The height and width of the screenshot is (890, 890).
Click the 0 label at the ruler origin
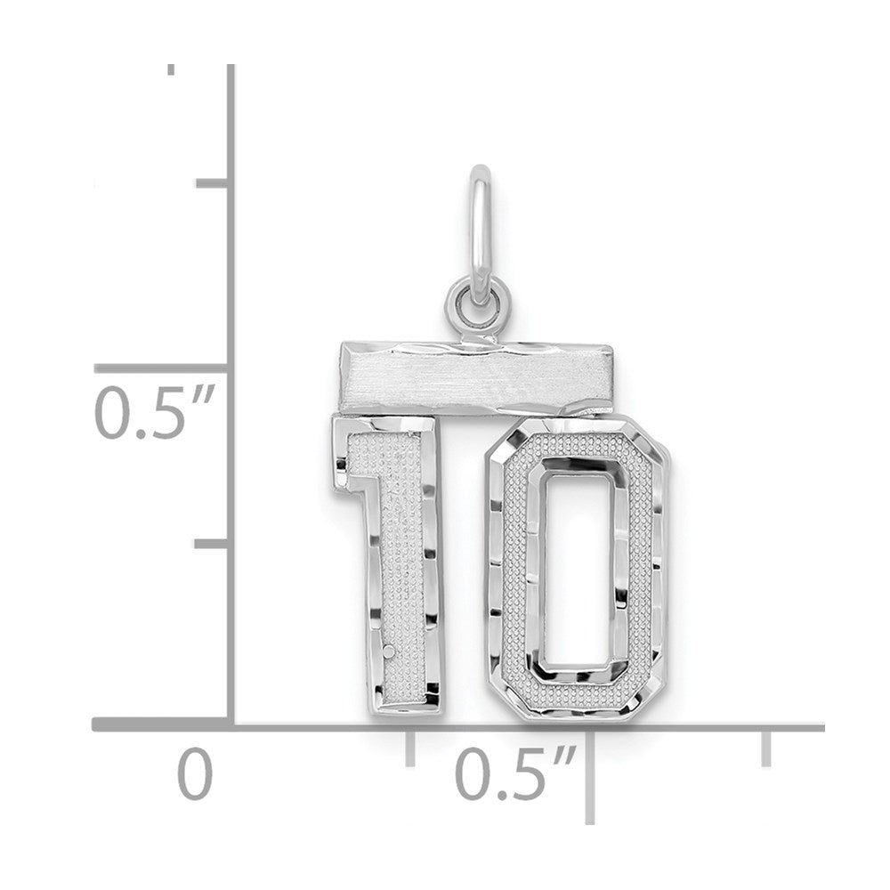click(195, 774)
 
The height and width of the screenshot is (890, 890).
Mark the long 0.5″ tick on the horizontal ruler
click(590, 776)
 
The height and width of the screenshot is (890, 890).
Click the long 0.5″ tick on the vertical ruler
click(161, 369)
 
